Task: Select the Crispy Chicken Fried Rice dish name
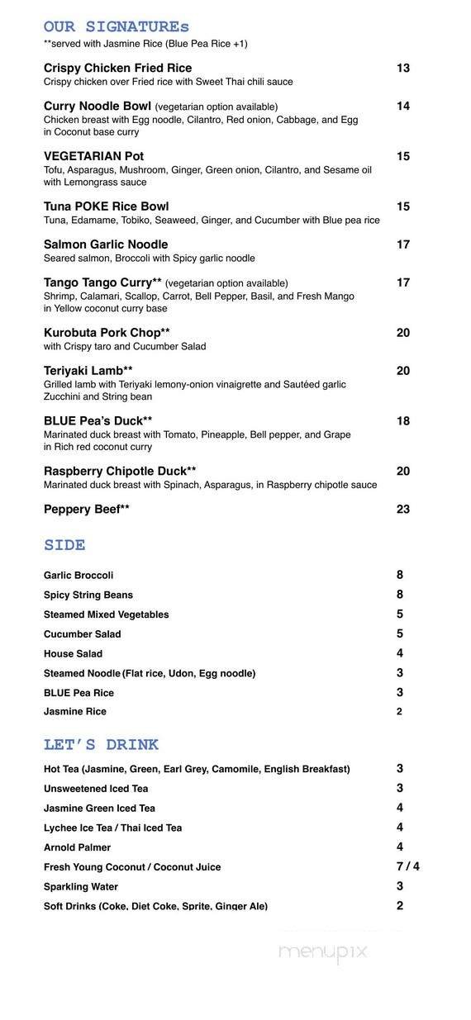(117, 68)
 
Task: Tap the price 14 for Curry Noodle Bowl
(402, 106)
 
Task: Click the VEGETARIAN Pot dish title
(93, 156)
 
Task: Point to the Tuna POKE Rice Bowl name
(106, 206)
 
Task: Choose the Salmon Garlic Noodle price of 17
(402, 244)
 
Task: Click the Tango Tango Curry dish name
(102, 282)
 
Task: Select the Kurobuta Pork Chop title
(107, 333)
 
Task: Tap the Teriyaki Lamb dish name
(88, 371)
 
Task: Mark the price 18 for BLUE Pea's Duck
(402, 421)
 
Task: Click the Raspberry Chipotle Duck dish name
(120, 472)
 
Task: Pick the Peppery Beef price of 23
(402, 510)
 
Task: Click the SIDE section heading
(64, 545)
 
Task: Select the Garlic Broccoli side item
(78, 576)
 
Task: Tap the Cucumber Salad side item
(82, 634)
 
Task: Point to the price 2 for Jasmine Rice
(399, 711)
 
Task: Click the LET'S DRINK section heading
(101, 745)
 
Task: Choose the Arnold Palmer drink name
(77, 847)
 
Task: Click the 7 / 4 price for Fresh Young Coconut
(407, 866)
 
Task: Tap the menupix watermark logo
(322, 952)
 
